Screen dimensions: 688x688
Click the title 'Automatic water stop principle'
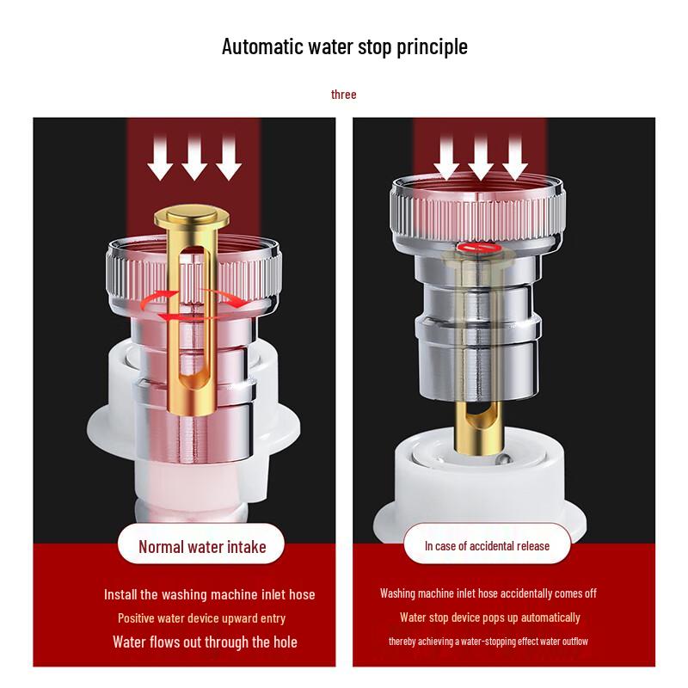[345, 47]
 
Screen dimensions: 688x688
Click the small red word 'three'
[343, 95]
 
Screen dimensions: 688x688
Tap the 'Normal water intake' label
[202, 547]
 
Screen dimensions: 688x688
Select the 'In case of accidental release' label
[487, 546]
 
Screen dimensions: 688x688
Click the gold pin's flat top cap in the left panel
[192, 217]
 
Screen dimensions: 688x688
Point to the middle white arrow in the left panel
[194, 157]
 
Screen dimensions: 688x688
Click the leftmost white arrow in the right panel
[446, 157]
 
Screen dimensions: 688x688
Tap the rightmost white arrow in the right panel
[515, 157]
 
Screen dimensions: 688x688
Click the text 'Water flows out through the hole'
[205, 642]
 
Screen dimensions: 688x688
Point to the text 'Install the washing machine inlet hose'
[209, 594]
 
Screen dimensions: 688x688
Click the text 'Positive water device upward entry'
[201, 618]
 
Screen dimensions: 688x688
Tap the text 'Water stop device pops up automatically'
[489, 617]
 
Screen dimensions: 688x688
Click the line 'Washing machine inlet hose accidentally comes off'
[488, 593]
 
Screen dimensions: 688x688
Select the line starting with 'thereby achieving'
[488, 642]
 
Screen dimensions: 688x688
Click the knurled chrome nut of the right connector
[478, 211]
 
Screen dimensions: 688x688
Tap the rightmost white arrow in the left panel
[229, 157]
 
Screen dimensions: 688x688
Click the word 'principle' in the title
[433, 47]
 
